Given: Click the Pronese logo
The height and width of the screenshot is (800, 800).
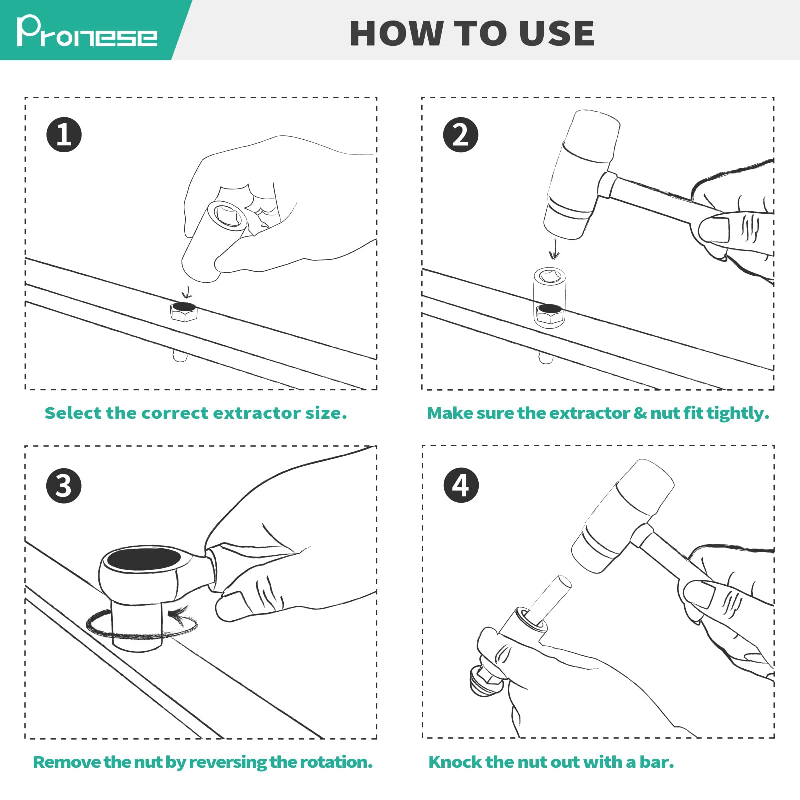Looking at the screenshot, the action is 87,31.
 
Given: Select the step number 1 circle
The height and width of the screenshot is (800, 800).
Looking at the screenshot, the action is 64,135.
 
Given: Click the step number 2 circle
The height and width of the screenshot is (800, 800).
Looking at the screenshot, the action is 461,135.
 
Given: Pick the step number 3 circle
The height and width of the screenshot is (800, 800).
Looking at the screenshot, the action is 64,485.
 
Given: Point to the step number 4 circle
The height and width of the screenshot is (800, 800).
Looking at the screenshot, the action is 461,485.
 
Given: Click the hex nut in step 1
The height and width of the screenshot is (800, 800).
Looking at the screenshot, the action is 184,311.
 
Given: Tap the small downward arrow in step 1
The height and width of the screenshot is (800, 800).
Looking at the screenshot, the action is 187,292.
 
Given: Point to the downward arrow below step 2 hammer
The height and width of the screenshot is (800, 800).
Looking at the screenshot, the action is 553,249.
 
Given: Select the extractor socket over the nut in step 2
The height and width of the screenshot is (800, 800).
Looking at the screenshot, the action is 549,298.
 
